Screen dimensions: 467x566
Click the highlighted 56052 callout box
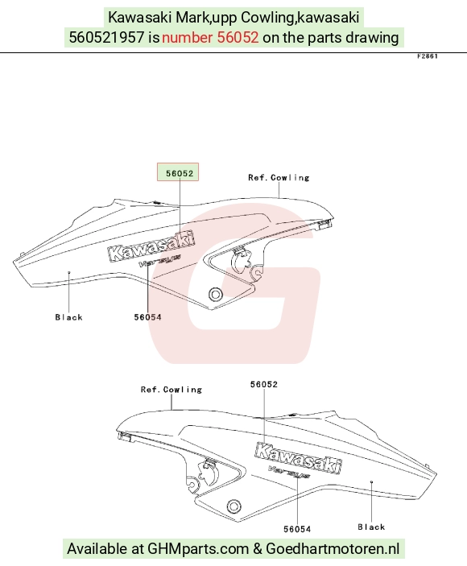[x=178, y=171]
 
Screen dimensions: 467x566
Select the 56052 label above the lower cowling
[x=264, y=384]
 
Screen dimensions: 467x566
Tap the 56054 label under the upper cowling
[x=147, y=317]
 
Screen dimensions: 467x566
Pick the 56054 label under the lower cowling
[x=297, y=529]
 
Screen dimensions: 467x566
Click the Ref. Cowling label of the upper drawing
[x=279, y=178]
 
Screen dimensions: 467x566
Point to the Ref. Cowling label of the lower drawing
[x=171, y=390]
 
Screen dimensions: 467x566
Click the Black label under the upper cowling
[x=69, y=317]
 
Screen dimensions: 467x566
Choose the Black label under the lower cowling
[x=371, y=527]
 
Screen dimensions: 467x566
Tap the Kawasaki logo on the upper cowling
[x=151, y=246]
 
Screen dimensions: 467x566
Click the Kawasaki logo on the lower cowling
[x=299, y=457]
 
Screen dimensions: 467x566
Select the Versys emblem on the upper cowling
[x=159, y=260]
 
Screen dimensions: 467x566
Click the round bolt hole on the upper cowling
[x=216, y=294]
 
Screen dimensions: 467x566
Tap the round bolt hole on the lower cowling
[x=233, y=506]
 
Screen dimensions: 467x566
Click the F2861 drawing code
[x=428, y=56]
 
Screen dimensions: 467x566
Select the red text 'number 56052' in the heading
[x=210, y=37]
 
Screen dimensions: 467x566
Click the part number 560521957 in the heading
[x=107, y=37]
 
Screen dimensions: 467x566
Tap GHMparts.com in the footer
[x=198, y=548]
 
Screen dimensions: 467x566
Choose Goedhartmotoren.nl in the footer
[x=333, y=548]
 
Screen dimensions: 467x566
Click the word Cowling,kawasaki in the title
[x=300, y=18]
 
